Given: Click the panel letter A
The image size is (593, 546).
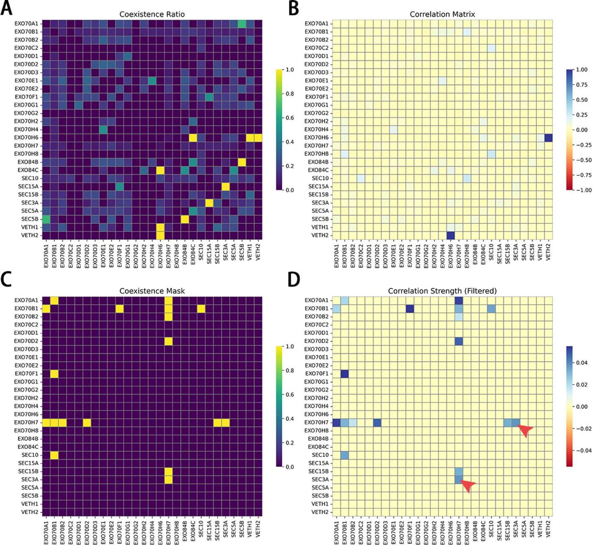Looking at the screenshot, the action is (6, 8).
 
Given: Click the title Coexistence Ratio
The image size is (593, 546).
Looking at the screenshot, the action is (152, 14).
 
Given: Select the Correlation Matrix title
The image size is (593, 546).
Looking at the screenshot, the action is (442, 14).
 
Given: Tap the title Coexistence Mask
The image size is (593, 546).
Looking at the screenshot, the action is (152, 291).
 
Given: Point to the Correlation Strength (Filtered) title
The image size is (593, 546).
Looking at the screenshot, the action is (442, 291).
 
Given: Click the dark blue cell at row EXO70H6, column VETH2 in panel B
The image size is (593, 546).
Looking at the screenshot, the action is (549, 138).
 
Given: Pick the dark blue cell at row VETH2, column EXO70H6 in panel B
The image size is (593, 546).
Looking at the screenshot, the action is (451, 235).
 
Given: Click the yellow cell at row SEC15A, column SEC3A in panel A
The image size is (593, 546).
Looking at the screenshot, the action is (225, 187).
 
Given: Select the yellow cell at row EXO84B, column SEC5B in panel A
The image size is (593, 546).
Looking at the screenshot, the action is (242, 162).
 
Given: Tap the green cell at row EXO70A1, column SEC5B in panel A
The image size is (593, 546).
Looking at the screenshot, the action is (242, 24).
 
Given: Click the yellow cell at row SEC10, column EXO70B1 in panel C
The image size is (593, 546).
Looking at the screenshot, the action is (54, 455).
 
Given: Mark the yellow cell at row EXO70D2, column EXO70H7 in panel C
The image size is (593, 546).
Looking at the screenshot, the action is (168, 341).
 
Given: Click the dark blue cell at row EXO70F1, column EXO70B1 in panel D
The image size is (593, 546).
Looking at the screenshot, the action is (345, 374).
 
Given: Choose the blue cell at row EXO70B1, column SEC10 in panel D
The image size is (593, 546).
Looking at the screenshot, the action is (491, 309).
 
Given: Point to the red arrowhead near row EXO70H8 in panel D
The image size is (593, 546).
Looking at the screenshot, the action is (525, 431).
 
